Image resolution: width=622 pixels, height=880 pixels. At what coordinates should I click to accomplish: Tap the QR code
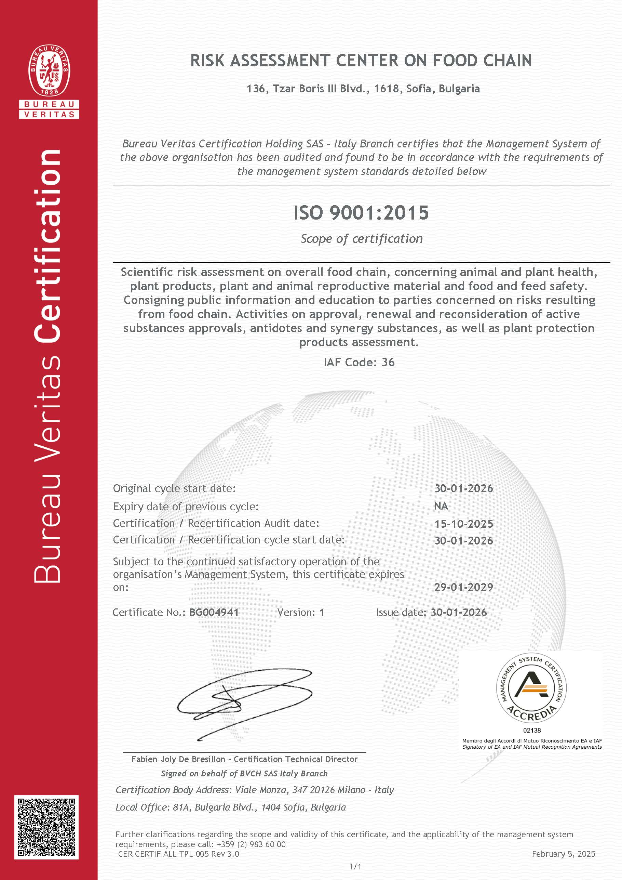[x=46, y=827]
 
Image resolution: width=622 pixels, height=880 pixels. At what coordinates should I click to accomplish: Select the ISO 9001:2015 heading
[x=361, y=213]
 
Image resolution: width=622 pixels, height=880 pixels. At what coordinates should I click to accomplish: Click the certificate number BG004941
[x=214, y=613]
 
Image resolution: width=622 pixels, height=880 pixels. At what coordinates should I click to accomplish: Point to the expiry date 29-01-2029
[x=463, y=587]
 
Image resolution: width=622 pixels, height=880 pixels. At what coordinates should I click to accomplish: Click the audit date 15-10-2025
[x=463, y=524]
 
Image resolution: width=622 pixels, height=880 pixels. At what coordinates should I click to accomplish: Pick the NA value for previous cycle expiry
[x=441, y=506]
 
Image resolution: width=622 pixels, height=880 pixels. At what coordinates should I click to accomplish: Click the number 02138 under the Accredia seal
[x=532, y=731]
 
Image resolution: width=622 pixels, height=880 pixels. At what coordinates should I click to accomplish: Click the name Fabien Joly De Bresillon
[x=178, y=759]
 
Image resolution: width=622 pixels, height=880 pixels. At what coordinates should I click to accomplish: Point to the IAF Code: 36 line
[x=359, y=363]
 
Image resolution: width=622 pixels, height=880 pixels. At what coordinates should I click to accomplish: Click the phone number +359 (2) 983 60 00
[x=251, y=844]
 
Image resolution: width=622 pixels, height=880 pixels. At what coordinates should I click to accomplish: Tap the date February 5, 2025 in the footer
[x=564, y=854]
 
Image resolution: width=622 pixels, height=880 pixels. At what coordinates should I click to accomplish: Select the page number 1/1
[x=355, y=867]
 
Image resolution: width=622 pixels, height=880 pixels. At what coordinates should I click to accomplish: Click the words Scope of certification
[x=362, y=239]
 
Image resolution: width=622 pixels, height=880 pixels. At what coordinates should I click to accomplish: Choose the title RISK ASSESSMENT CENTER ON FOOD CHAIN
[x=361, y=61]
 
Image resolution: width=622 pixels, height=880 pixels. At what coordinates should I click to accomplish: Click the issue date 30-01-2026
[x=458, y=613]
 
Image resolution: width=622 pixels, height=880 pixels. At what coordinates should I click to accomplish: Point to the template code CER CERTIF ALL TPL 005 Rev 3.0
[x=178, y=854]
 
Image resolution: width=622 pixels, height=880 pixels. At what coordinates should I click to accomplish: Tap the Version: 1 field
[x=301, y=613]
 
